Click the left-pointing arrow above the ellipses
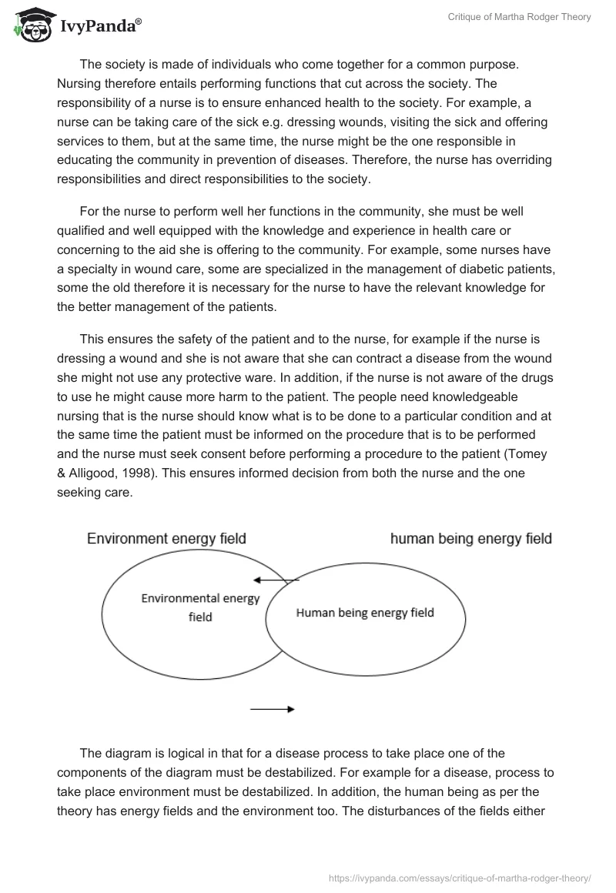[276, 580]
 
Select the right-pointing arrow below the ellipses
[273, 709]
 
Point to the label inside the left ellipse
[200, 607]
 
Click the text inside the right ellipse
[365, 613]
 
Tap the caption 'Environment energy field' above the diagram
[166, 539]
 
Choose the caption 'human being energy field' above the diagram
[471, 539]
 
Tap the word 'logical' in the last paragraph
[176, 752]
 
